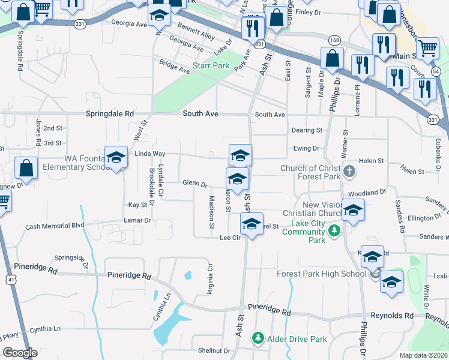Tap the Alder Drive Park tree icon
tap(258, 338)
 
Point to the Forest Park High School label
tap(321, 274)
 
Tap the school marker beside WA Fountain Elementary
tap(116, 158)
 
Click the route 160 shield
tap(334, 40)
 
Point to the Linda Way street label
tap(149, 154)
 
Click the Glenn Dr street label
tap(194, 184)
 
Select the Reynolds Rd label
tap(392, 316)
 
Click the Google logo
tap(20, 353)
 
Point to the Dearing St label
tap(307, 130)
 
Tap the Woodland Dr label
tap(366, 193)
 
